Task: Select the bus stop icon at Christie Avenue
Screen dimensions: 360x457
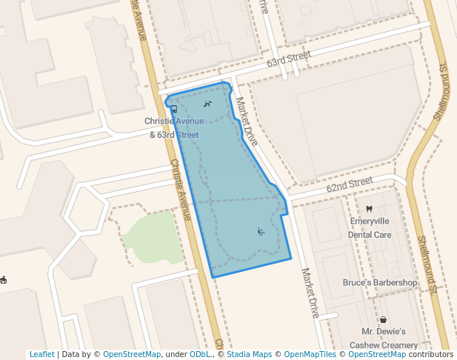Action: pos(173,109)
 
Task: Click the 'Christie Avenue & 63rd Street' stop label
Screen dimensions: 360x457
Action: pos(173,127)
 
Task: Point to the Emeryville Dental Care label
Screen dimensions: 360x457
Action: pos(370,227)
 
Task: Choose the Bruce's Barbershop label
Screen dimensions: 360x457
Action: pos(380,282)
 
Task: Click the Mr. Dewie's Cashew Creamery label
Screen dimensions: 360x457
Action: pos(384,338)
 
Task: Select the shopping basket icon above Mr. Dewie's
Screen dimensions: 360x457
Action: pos(383,319)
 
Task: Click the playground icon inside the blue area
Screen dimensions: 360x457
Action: pos(261,232)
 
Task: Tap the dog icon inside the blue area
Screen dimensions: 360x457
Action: pos(207,104)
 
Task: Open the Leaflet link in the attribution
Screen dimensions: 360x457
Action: pos(41,354)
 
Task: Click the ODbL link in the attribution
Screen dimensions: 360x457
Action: pos(200,354)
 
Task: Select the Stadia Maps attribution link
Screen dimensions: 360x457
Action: pos(249,354)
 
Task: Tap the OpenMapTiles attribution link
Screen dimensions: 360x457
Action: pos(311,354)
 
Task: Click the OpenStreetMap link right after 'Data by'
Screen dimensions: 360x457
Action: pos(132,354)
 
